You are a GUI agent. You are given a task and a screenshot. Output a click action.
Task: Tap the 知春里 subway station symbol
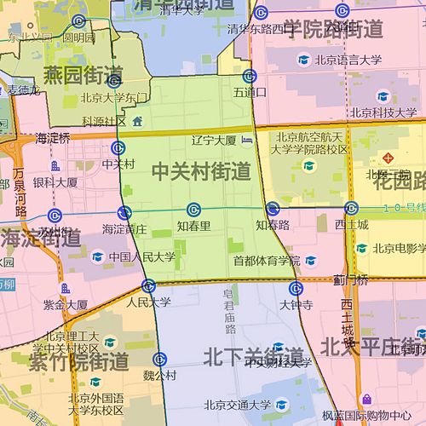(194, 210)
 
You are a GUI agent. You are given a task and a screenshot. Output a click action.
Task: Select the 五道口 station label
(249, 91)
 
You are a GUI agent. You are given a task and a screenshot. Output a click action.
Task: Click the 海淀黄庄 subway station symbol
(125, 212)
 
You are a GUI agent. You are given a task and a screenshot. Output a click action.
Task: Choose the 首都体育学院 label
(267, 261)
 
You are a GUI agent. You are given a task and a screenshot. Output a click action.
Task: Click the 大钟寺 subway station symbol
(295, 287)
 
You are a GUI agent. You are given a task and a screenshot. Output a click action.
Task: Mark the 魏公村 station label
(159, 374)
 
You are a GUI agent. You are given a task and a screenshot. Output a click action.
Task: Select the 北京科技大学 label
(383, 112)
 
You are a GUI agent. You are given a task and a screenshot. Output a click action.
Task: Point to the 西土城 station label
(351, 225)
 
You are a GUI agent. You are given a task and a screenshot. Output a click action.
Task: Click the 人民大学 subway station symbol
(148, 285)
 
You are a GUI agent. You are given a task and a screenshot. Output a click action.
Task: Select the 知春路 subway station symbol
(273, 209)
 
